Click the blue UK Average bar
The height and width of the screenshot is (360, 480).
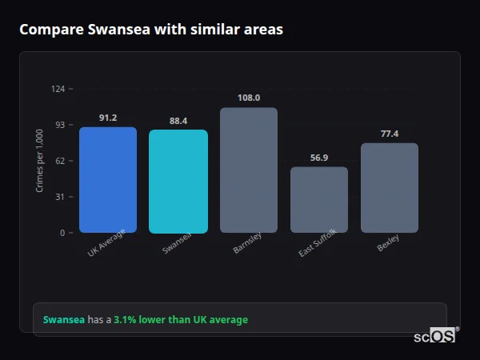click(x=108, y=180)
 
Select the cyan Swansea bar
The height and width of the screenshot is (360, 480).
click(x=178, y=182)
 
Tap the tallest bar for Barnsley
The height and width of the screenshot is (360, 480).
click(x=249, y=170)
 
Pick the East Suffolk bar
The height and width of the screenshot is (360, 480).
click(x=319, y=200)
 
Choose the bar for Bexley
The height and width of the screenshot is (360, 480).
click(x=390, y=188)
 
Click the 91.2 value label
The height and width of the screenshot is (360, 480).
click(x=108, y=118)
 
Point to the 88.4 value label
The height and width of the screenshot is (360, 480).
click(x=178, y=121)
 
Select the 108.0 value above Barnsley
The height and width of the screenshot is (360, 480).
click(x=249, y=98)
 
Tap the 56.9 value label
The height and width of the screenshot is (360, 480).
click(x=319, y=158)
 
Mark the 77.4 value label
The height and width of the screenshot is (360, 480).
click(x=390, y=134)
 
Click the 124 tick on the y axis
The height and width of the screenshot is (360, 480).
click(x=58, y=89)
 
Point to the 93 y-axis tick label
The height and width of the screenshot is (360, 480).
click(x=59, y=125)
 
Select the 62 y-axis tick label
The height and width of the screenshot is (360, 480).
click(x=59, y=161)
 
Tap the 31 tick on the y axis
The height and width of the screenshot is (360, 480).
click(x=59, y=197)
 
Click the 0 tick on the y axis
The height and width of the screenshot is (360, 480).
click(x=62, y=233)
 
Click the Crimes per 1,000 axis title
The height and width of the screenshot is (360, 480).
click(x=40, y=161)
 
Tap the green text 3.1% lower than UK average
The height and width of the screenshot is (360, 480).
click(x=181, y=320)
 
